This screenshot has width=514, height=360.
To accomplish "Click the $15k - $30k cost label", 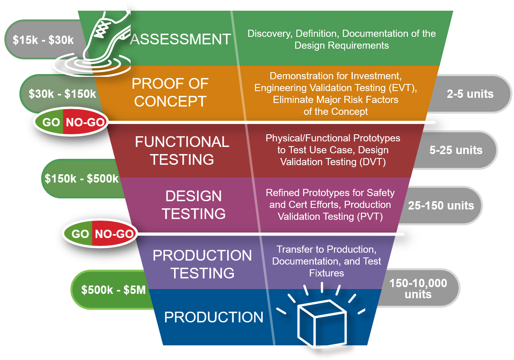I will coord(43,40).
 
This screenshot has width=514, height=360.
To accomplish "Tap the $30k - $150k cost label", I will coord(63,94).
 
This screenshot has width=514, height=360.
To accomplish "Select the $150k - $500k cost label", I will coord(82,179).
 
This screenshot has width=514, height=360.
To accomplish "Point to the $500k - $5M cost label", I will coord(114,290).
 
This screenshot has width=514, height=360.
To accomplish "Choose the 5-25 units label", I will coord(456,150).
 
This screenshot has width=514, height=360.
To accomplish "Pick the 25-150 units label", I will coord(441,206).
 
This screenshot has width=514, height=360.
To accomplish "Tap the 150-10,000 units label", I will coord(418,288).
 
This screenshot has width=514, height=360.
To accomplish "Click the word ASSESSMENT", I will coord(180,39).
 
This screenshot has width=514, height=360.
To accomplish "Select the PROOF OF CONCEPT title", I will coord(170,92).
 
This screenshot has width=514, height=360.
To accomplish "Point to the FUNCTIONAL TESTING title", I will coord(182,150).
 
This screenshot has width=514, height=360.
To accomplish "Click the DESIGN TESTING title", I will coord(194,205).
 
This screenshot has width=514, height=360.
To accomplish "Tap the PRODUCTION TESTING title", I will coord(202,264).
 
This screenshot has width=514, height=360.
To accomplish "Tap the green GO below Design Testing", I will coord(80,234).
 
